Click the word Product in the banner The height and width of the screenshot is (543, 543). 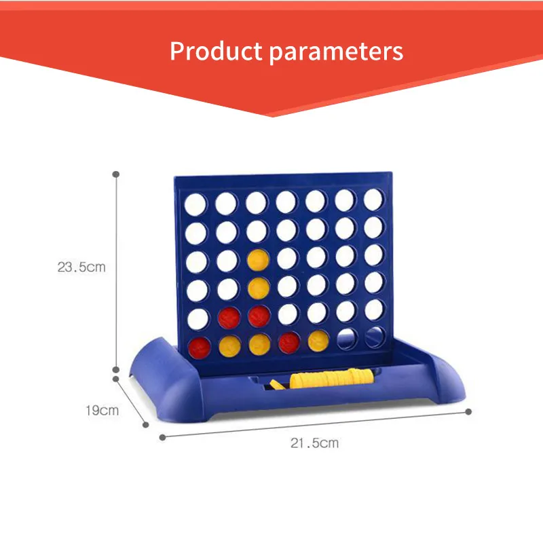coord(211,52)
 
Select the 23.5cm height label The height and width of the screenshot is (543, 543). coord(81,267)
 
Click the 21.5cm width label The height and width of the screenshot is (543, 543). coord(314,443)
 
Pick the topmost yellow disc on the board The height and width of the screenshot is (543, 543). coord(256,259)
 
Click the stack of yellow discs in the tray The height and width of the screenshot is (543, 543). coord(333,377)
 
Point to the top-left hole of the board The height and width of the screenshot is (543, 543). coord(195,202)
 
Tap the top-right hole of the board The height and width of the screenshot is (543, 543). coord(373,198)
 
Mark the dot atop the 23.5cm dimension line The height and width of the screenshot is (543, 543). coord(116,173)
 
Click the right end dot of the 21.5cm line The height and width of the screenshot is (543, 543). coord(468,411)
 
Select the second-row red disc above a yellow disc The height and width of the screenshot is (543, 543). coord(227,316)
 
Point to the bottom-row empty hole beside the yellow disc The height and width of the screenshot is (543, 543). coord(346,337)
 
